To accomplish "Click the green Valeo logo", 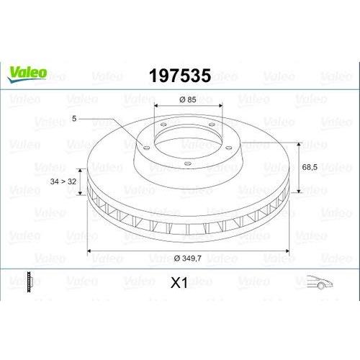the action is (27, 74).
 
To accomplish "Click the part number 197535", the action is (180, 76).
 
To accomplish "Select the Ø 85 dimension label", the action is (188, 99).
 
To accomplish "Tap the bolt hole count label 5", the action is (74, 119).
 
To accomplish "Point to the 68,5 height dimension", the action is (310, 167).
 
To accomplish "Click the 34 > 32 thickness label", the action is (63, 181).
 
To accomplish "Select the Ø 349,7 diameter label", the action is (188, 258).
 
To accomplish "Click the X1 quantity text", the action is (179, 283).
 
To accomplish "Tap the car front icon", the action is (320, 282).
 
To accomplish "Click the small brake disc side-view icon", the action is (30, 282).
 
